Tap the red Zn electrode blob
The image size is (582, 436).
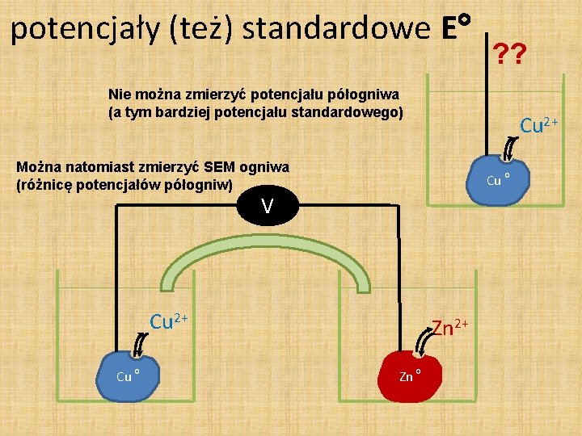(411, 374)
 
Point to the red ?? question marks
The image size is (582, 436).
(511, 54)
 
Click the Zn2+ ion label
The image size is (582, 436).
(450, 328)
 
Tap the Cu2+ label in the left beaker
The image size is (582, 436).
(169, 321)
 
